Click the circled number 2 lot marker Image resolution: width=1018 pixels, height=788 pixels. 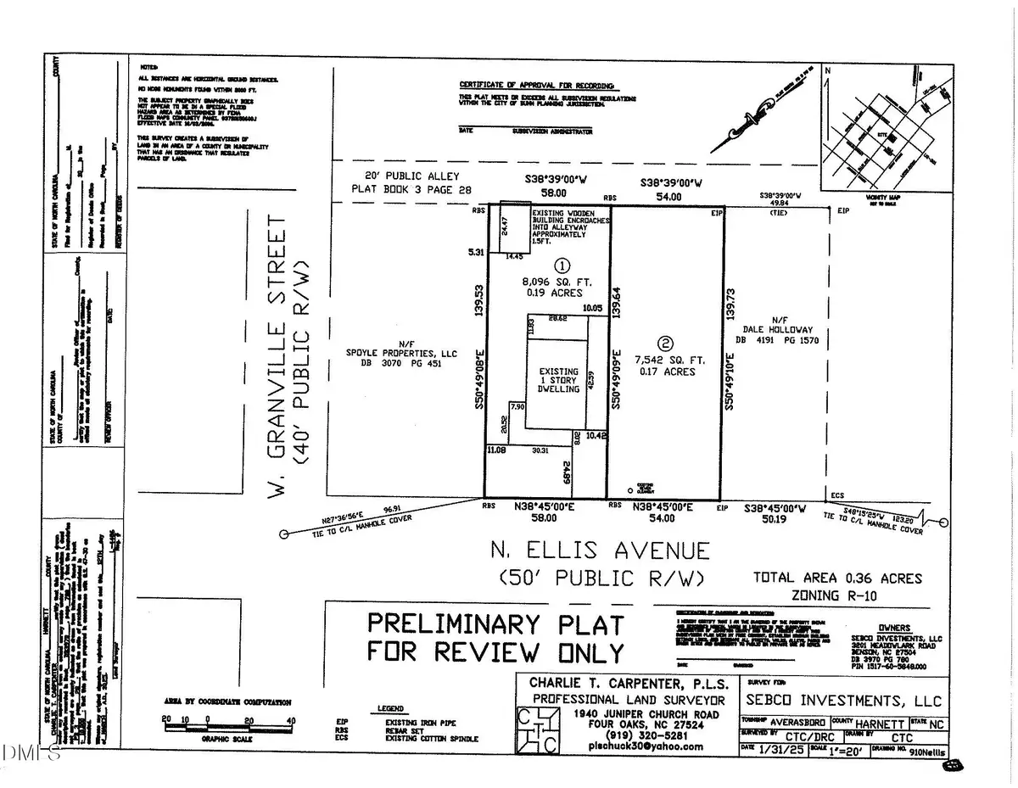(666, 344)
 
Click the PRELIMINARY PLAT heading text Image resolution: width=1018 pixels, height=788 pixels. (495, 623)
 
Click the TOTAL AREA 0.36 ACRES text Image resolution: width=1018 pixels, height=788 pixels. (837, 578)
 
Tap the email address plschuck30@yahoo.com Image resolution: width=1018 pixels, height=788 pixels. (650, 746)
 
